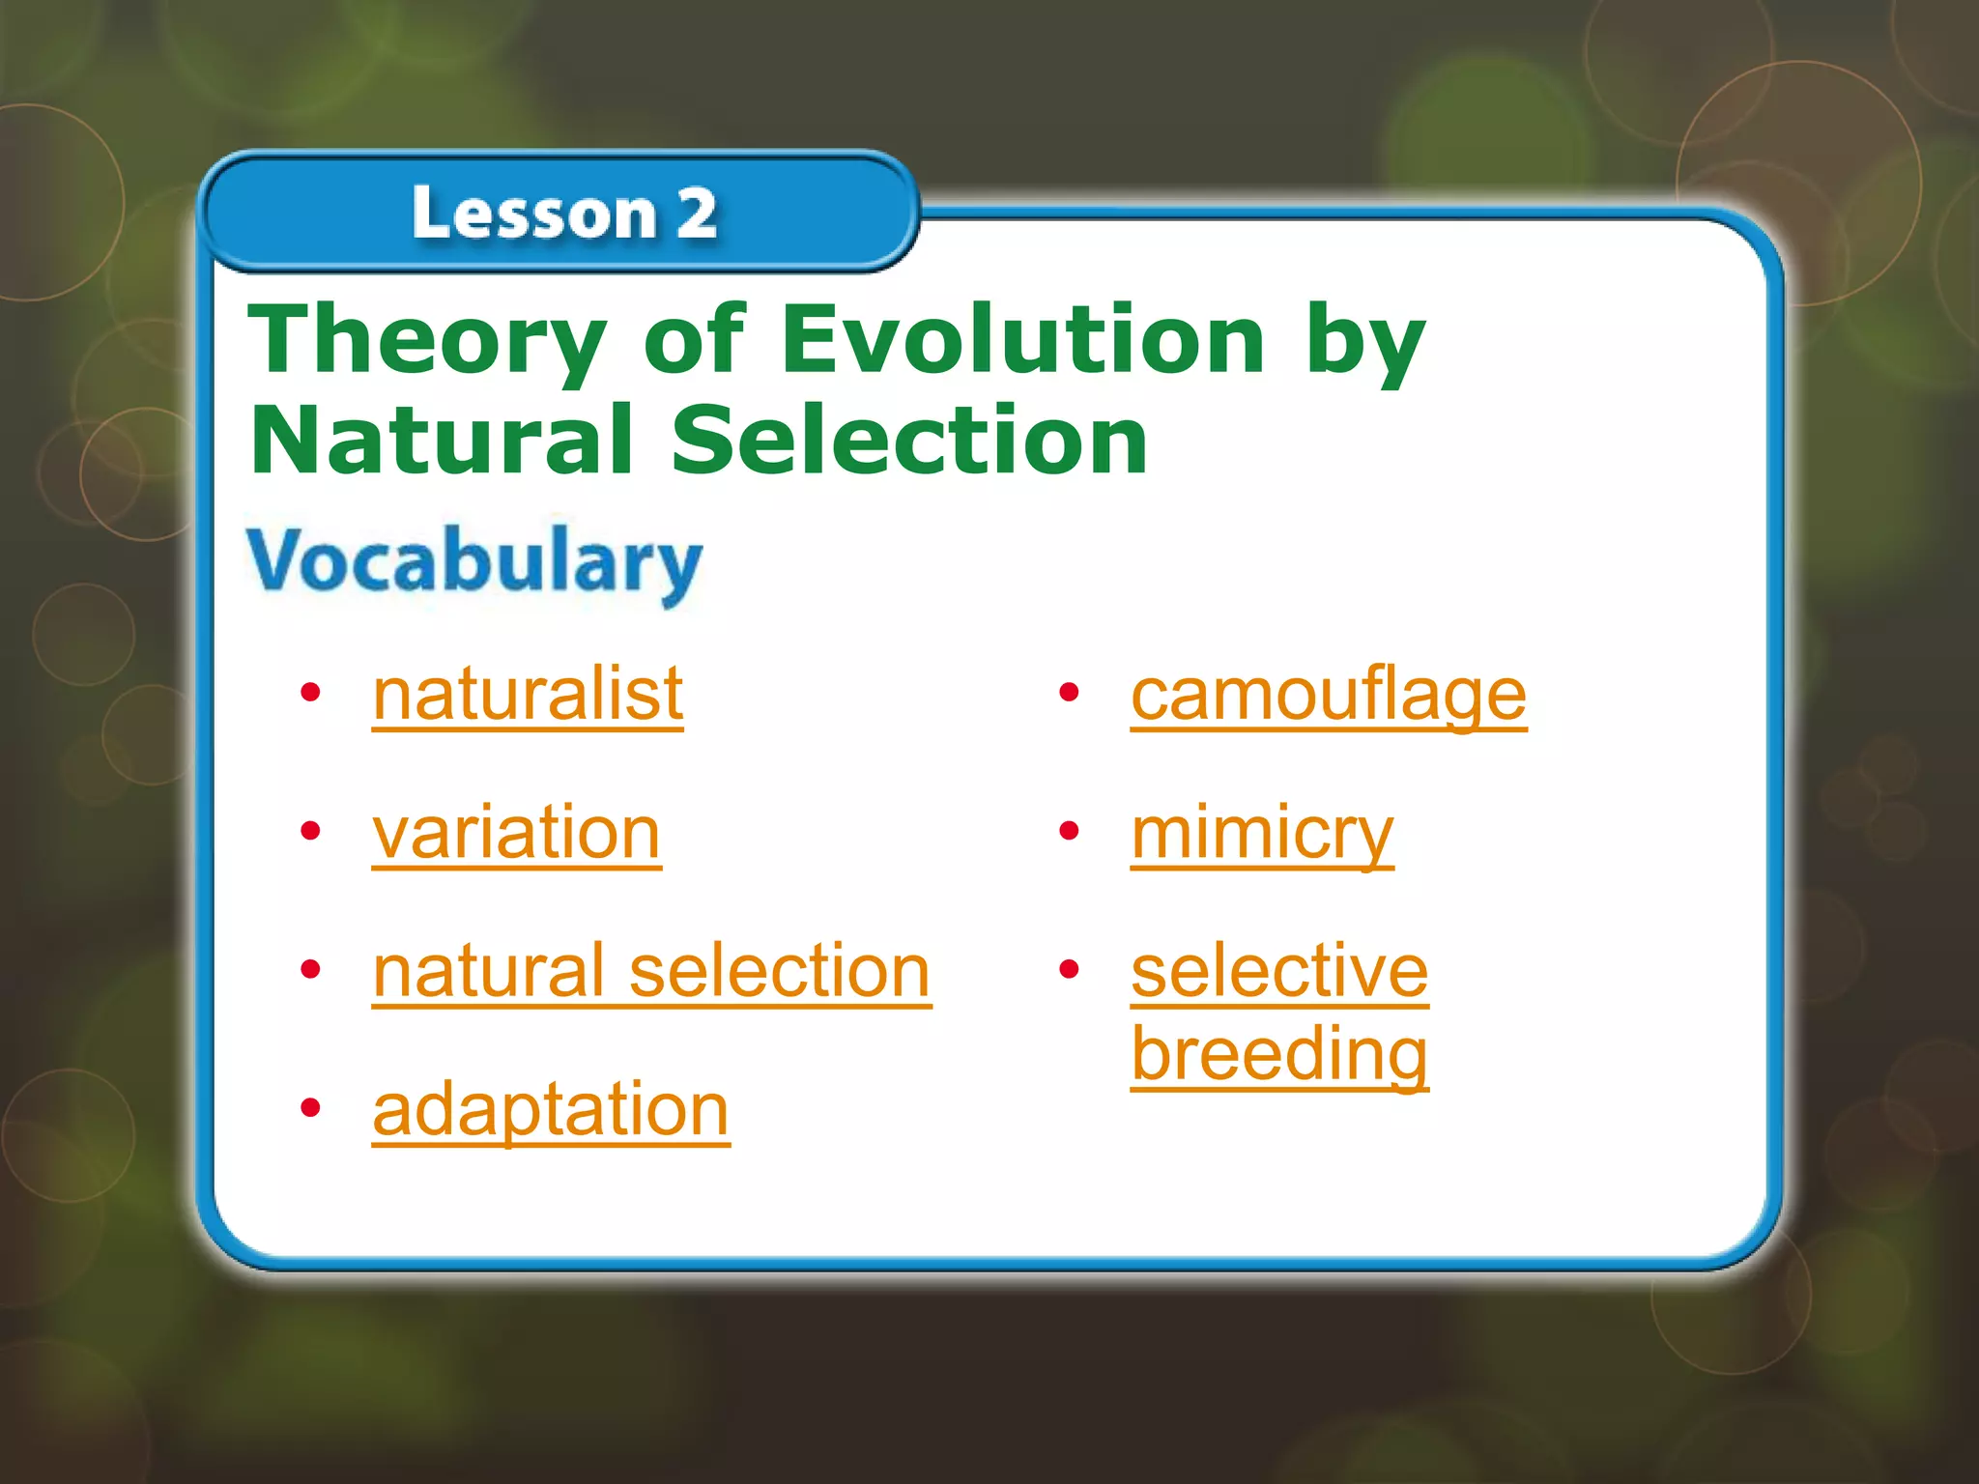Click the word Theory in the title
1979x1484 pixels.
click(426, 340)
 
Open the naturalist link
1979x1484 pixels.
click(528, 695)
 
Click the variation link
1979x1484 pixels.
click(516, 833)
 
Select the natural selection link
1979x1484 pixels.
click(651, 971)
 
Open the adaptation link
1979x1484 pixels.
click(551, 1110)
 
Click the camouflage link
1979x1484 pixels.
click(1329, 695)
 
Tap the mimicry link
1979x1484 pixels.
click(1262, 833)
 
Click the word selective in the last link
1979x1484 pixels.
click(1279, 971)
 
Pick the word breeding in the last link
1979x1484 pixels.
click(1279, 1055)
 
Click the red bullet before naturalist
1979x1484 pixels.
click(310, 693)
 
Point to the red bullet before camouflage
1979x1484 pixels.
click(1069, 693)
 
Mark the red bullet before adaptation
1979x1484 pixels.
click(310, 1108)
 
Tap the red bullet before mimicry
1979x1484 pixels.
click(1069, 831)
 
